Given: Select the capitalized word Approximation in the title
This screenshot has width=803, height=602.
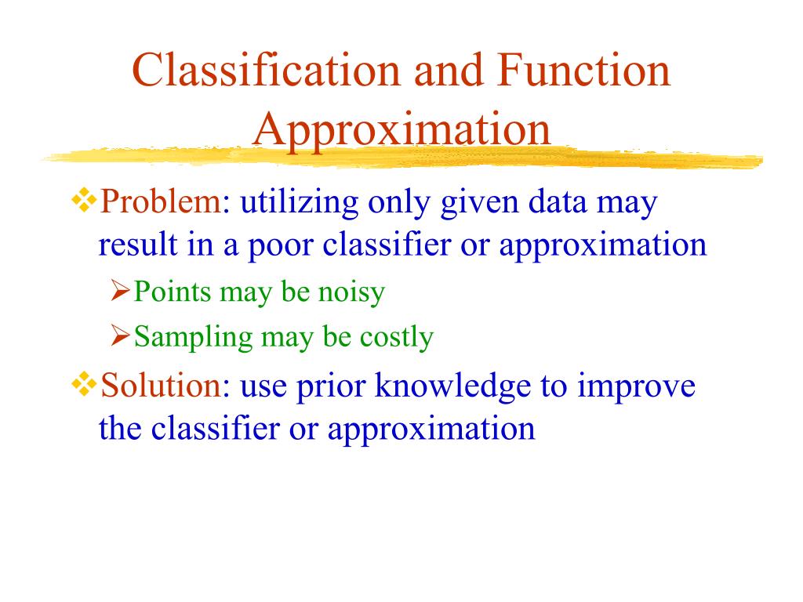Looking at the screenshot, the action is (x=401, y=130).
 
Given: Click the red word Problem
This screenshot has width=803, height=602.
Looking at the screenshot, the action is (x=161, y=201).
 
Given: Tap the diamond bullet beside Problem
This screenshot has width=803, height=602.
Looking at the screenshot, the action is (x=84, y=200).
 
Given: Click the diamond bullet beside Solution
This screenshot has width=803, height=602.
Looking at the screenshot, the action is (x=84, y=384).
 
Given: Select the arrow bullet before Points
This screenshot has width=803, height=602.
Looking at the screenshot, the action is (x=120, y=292).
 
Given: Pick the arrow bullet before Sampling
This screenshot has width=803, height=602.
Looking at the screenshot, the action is (x=120, y=335).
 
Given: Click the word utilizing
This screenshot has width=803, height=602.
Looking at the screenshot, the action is (x=299, y=202).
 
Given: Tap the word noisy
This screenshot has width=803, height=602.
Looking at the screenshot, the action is (x=351, y=293).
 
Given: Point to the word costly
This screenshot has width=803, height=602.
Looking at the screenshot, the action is (x=396, y=338).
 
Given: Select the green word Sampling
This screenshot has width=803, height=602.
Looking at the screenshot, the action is (x=194, y=338).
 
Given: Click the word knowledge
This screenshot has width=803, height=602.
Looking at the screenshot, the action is (x=452, y=386).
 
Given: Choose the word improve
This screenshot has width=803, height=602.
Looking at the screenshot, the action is (x=636, y=386).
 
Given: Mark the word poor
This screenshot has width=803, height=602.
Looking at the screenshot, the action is (x=281, y=245).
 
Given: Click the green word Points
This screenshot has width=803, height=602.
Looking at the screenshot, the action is (x=172, y=292).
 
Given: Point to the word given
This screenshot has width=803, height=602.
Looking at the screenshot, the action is (x=479, y=203).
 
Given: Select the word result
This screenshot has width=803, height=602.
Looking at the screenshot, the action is (x=137, y=245).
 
